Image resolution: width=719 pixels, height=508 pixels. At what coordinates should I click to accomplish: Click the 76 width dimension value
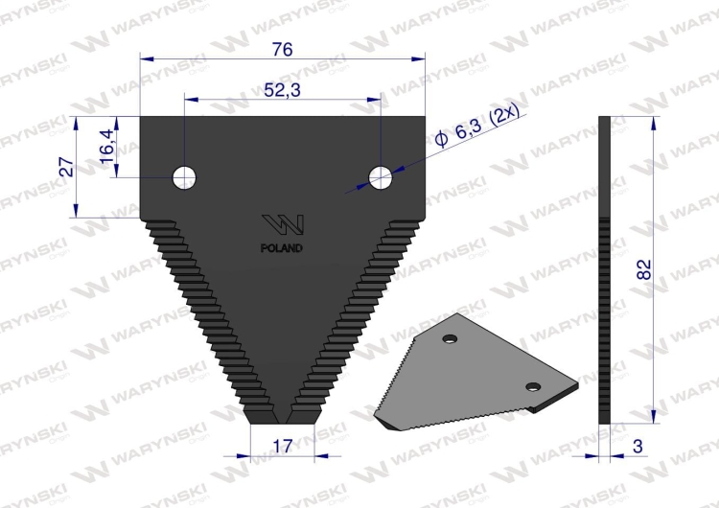tap(283, 49)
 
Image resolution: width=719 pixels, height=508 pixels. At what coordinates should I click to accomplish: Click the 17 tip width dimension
tap(280, 447)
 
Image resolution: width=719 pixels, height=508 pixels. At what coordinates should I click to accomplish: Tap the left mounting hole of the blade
tap(184, 175)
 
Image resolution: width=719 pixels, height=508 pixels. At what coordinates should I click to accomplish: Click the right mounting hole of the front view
tap(381, 175)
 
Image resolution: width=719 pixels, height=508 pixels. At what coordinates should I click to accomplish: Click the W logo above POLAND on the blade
tap(284, 225)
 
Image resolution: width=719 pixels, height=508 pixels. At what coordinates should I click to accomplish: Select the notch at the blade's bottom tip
tap(283, 417)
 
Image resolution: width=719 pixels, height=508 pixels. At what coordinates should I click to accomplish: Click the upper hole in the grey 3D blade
tap(450, 338)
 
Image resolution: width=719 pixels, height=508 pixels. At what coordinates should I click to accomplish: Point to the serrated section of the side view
tap(604, 316)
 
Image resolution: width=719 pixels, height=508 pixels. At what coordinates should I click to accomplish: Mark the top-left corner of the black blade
tap(141, 118)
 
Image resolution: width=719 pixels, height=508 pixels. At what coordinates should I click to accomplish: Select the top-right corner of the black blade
tap(425, 118)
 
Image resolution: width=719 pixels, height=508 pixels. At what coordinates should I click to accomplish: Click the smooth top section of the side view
tap(604, 163)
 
